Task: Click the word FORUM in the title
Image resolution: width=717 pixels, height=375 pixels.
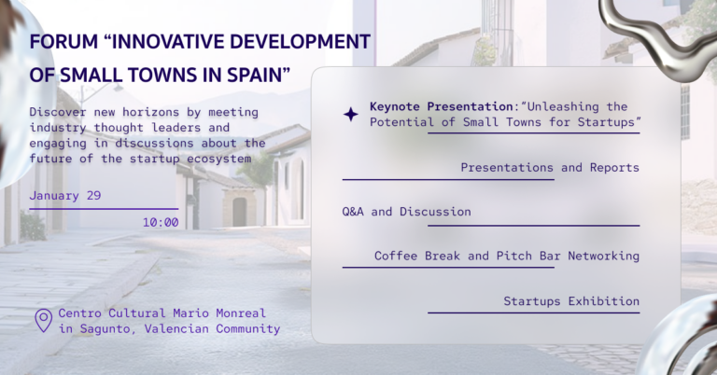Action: [x=59, y=43]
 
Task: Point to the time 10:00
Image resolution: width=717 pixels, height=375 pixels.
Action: [x=161, y=222]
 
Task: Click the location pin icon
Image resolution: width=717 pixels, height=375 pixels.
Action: [x=43, y=321]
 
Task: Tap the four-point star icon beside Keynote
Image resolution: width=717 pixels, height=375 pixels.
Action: [x=351, y=115]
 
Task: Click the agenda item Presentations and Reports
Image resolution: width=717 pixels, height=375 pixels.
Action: [x=550, y=168]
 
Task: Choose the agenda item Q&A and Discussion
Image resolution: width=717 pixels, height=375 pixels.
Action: [x=406, y=212]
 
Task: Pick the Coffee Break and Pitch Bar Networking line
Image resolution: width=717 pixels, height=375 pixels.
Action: [x=506, y=256]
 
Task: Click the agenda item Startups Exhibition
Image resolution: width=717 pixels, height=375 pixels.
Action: [x=571, y=301]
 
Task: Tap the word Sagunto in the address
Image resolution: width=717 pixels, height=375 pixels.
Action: [x=103, y=329]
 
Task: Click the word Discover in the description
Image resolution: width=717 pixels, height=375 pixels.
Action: [x=58, y=113]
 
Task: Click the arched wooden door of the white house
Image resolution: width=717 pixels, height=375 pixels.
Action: [x=239, y=211]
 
